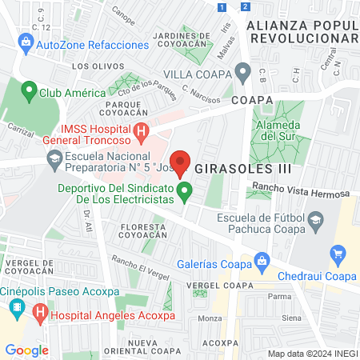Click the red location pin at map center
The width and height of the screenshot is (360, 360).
(x=180, y=162)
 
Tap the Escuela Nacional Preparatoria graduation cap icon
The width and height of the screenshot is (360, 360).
(x=54, y=158)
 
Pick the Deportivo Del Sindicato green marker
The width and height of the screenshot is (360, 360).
(x=185, y=190)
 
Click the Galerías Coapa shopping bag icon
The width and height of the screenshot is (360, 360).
(x=261, y=260)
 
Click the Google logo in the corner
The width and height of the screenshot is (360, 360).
(x=26, y=350)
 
